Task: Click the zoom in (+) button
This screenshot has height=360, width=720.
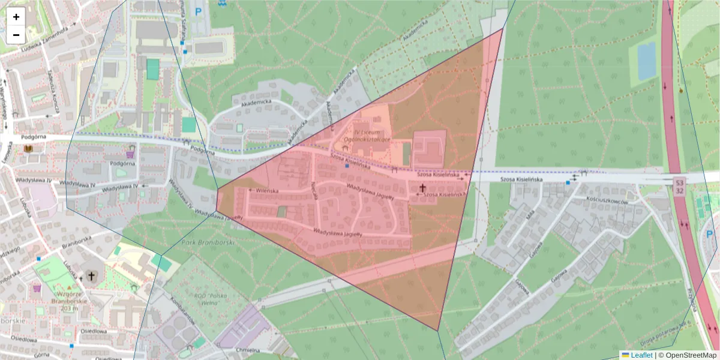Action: [16, 17]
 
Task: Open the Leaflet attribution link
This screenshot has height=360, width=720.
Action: [641, 355]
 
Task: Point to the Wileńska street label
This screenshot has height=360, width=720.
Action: [268, 190]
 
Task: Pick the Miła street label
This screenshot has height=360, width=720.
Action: [530, 215]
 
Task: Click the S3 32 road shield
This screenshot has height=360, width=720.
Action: [679, 185]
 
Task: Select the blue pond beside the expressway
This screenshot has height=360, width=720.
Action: [646, 61]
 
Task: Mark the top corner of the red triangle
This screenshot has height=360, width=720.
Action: [502, 28]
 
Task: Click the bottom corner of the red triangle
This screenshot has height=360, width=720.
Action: [438, 331]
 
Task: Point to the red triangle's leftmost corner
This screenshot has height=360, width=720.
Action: [217, 189]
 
